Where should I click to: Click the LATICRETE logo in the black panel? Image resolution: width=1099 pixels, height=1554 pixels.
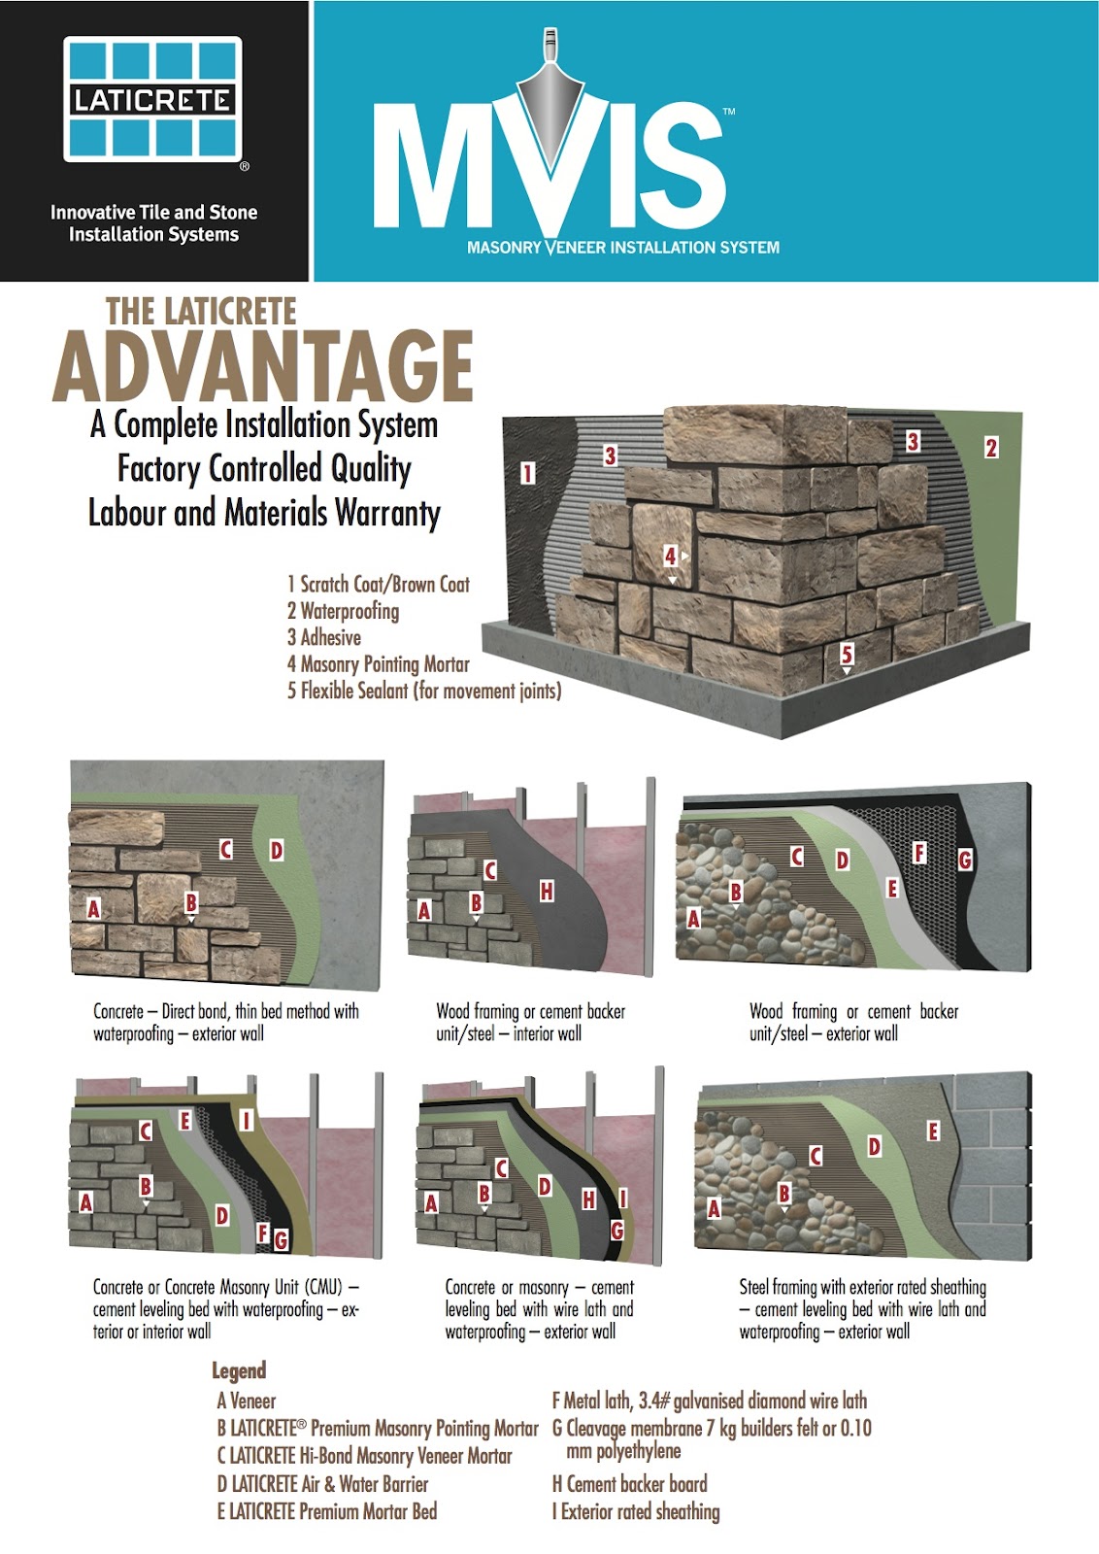[152, 99]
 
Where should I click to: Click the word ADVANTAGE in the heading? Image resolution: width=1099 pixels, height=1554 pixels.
[263, 367]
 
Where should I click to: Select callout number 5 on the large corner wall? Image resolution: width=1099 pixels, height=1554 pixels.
[847, 654]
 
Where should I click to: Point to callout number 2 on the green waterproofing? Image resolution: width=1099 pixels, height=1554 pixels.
[990, 448]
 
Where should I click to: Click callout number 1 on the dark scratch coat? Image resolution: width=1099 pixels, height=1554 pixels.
[527, 473]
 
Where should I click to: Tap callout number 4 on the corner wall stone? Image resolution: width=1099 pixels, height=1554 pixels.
[670, 556]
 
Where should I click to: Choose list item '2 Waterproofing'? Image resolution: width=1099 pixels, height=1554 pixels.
[343, 611]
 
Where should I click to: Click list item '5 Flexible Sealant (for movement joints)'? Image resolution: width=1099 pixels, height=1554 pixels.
[424, 691]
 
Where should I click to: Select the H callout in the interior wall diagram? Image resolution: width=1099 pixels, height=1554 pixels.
[547, 891]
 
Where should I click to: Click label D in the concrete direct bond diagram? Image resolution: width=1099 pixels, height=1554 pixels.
[277, 851]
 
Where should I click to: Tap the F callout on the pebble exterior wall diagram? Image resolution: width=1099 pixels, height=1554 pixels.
[919, 853]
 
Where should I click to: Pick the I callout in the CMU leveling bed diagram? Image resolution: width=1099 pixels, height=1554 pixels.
[247, 1121]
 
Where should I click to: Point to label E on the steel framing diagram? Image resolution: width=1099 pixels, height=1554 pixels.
[933, 1131]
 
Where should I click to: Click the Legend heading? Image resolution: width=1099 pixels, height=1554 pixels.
[239, 1370]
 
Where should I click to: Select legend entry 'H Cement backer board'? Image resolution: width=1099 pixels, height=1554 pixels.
[629, 1483]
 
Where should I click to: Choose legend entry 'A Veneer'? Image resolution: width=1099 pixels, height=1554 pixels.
[247, 1401]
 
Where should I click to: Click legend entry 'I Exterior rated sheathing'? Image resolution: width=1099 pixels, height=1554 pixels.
[636, 1511]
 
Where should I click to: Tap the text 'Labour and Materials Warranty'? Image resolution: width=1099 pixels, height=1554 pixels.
[264, 512]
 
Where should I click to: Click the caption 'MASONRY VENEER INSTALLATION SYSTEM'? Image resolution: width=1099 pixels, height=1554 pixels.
[623, 248]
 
